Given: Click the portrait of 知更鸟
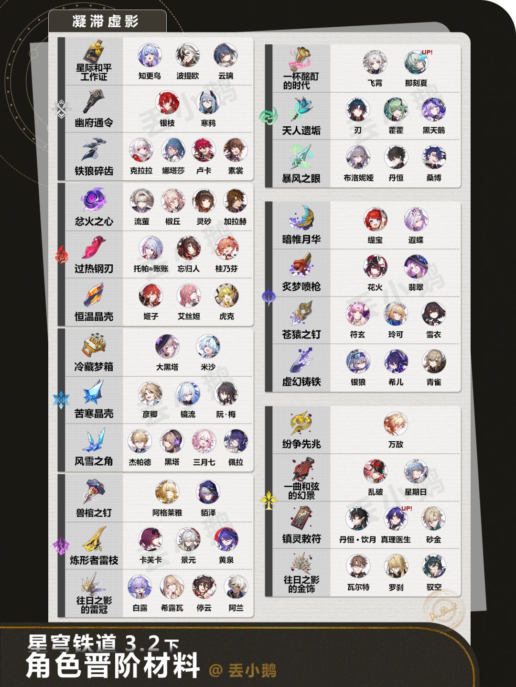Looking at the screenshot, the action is tap(150, 56).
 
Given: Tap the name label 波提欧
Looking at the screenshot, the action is tap(188, 76).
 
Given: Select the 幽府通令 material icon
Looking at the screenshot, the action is tap(94, 101).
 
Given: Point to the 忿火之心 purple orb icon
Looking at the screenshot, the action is tap(94, 199).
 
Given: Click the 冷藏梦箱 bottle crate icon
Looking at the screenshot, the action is tap(94, 345).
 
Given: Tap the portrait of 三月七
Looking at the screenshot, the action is tap(204, 441).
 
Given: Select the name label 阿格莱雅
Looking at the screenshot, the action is tap(167, 513).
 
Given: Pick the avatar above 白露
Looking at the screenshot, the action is tap(140, 587).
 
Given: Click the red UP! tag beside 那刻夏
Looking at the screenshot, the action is tap(427, 53).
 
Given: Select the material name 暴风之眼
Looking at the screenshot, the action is tap(301, 178).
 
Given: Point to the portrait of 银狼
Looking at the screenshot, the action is tap(358, 362).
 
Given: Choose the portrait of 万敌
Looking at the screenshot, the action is tap(396, 424).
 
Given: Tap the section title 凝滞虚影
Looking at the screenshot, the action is tap(106, 22).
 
